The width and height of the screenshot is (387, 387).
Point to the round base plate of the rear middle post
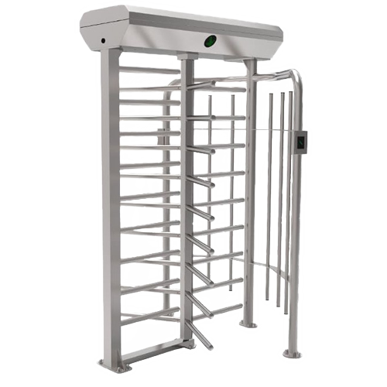[248, 323]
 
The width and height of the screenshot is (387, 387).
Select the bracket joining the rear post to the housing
[248, 60]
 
